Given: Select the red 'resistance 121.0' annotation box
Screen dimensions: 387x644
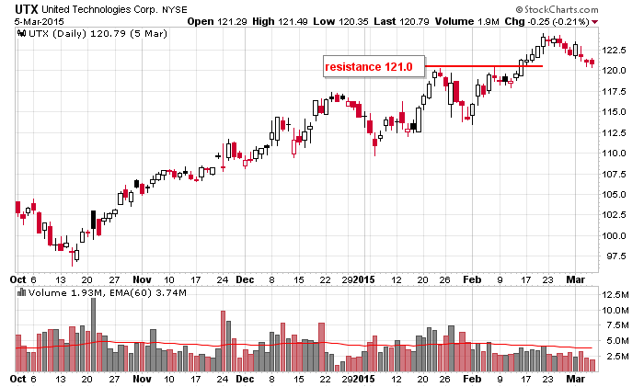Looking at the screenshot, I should pos(374,66).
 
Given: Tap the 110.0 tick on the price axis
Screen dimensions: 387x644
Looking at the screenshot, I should pos(615,153).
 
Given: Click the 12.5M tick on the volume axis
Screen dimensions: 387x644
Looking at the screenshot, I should pos(615,294).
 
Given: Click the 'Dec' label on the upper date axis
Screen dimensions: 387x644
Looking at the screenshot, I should pos(245,277).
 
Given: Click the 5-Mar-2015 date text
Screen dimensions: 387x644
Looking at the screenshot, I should pos(28,20).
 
